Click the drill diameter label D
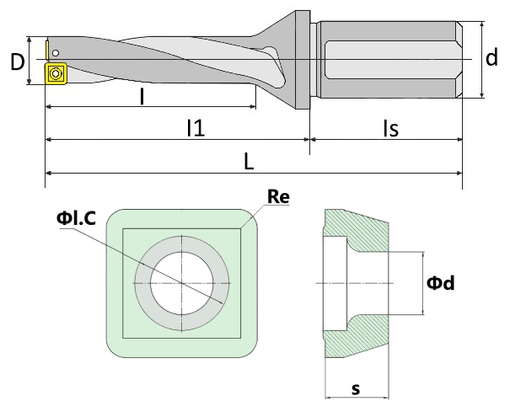[x=18, y=61]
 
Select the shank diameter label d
[x=491, y=57]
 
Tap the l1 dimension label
[x=196, y=128]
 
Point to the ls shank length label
[x=390, y=128]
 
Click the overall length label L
[x=249, y=162]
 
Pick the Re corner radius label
[x=278, y=196]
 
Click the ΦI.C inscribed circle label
[x=76, y=218]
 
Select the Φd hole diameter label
[x=441, y=283]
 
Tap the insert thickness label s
[x=356, y=388]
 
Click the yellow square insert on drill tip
[x=56, y=74]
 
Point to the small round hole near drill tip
[x=56, y=53]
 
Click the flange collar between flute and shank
[x=303, y=60]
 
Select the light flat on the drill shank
[x=390, y=60]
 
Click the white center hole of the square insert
[x=182, y=283]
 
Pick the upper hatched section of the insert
[x=364, y=229]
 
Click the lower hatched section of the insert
[x=364, y=338]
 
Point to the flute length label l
[x=142, y=97]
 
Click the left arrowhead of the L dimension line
[x=48, y=174]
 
